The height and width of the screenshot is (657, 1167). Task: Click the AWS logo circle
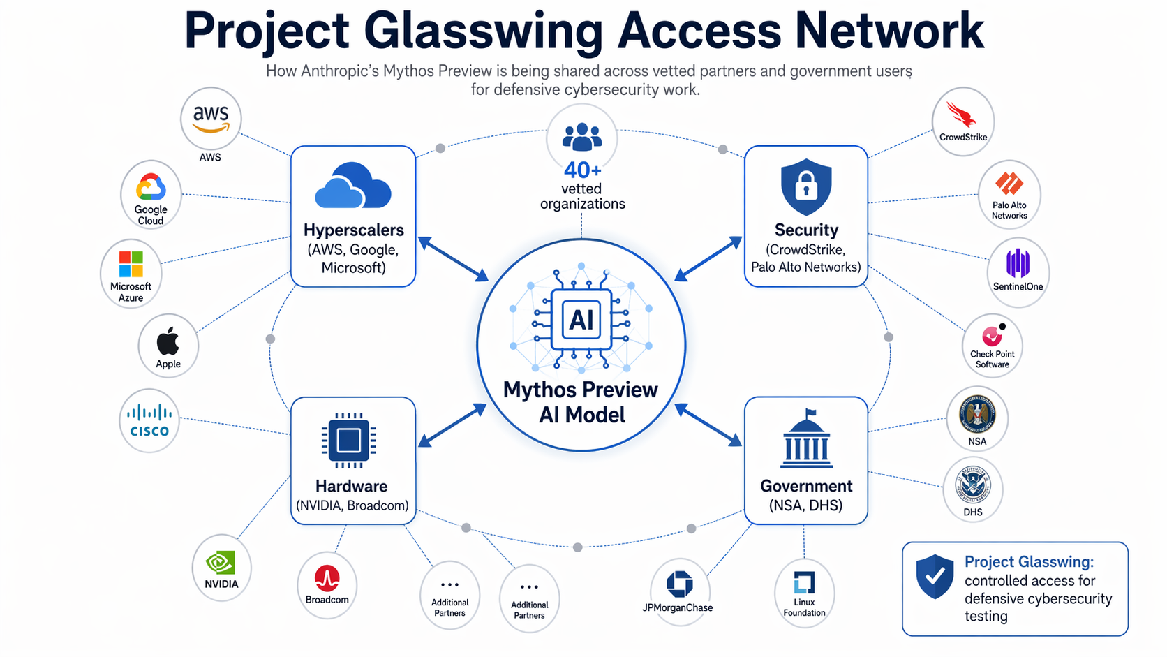pyautogui.click(x=211, y=119)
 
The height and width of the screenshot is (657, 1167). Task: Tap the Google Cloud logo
pyautogui.click(x=151, y=188)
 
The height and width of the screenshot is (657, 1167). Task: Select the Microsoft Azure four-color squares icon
pyautogui.click(x=131, y=265)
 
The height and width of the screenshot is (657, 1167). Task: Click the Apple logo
pyautogui.click(x=168, y=341)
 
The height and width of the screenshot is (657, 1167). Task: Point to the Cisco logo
pyautogui.click(x=149, y=420)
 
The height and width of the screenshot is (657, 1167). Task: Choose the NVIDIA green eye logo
pyautogui.click(x=221, y=563)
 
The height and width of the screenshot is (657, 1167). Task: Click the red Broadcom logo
pyautogui.click(x=327, y=579)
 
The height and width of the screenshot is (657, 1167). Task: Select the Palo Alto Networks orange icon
pyautogui.click(x=1009, y=184)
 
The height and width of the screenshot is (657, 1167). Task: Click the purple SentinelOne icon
pyautogui.click(x=1018, y=264)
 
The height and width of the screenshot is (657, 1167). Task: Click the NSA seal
pyautogui.click(x=977, y=415)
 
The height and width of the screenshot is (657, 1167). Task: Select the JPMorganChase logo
pyautogui.click(x=679, y=584)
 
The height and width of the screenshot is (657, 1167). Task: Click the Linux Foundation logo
pyautogui.click(x=804, y=582)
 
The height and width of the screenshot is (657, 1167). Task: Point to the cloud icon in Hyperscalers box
pyautogui.click(x=352, y=186)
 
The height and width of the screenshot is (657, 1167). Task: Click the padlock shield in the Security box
pyautogui.click(x=806, y=186)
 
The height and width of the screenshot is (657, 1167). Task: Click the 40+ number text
pyautogui.click(x=582, y=170)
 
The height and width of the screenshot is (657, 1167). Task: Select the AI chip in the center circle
pyautogui.click(x=581, y=320)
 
